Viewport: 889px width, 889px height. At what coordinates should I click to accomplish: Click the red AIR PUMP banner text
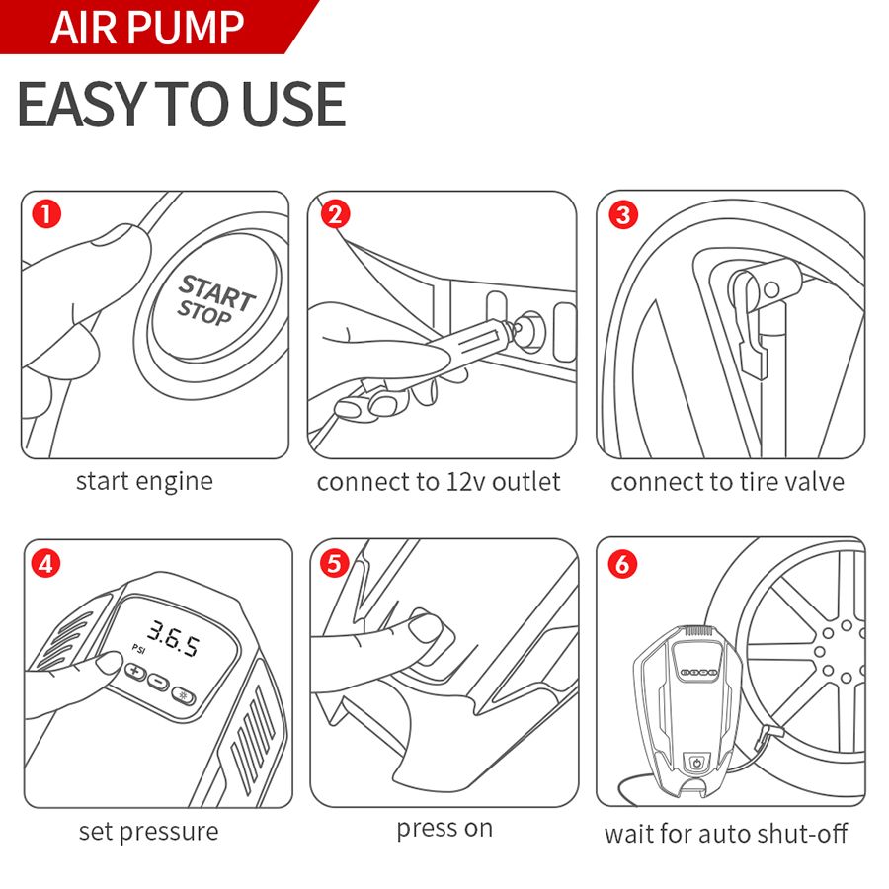click(x=147, y=28)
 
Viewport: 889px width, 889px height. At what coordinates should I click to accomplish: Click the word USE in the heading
click(x=293, y=105)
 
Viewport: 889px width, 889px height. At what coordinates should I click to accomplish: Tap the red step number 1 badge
click(x=46, y=214)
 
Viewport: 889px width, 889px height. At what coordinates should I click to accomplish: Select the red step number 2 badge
click(x=335, y=214)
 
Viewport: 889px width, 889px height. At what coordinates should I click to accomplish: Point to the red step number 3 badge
click(x=623, y=214)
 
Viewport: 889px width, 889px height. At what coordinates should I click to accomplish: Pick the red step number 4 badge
click(x=45, y=564)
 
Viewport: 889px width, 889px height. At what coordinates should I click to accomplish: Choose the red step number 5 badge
click(x=335, y=564)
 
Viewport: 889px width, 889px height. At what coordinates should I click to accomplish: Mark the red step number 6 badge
click(x=622, y=564)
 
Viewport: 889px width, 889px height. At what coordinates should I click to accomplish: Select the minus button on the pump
click(x=159, y=682)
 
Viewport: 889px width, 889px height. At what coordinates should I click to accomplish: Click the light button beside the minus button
click(x=183, y=695)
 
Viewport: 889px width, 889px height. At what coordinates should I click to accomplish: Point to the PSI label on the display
click(x=139, y=648)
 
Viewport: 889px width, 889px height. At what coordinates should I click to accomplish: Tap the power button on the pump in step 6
click(x=696, y=763)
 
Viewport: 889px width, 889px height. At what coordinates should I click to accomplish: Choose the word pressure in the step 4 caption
click(x=169, y=833)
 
